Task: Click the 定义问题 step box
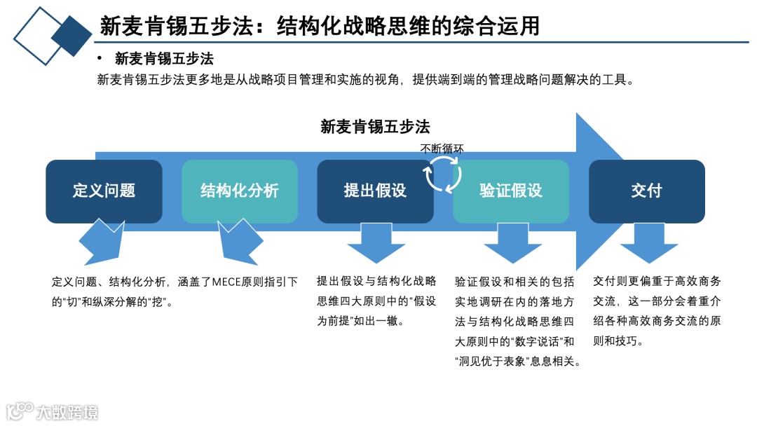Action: [x=104, y=191]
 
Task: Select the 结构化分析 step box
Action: [x=240, y=191]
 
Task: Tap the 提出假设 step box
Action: [x=375, y=191]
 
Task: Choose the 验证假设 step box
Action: [x=511, y=191]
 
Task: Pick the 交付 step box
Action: [x=646, y=191]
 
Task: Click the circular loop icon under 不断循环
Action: [x=443, y=174]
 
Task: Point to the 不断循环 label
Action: [x=442, y=149]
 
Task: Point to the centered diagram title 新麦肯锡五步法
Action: [x=375, y=127]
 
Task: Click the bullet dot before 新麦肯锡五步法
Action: [x=100, y=59]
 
